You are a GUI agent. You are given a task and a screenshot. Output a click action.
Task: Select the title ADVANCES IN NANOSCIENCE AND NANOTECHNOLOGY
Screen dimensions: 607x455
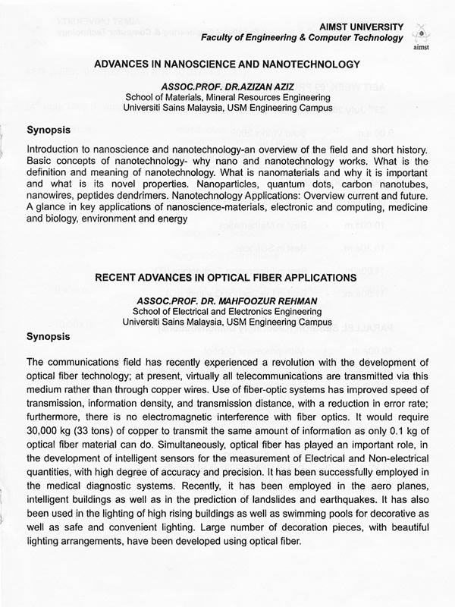point(227,65)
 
